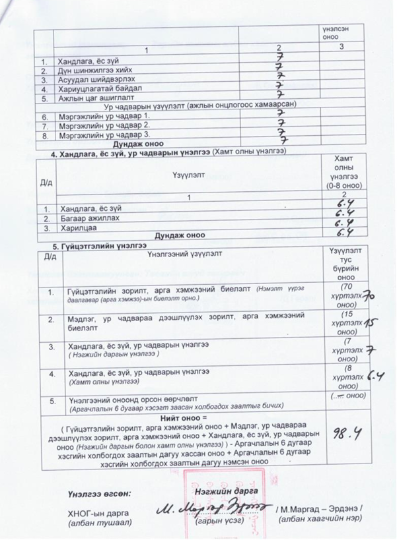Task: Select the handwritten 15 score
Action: [x=370, y=324]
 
